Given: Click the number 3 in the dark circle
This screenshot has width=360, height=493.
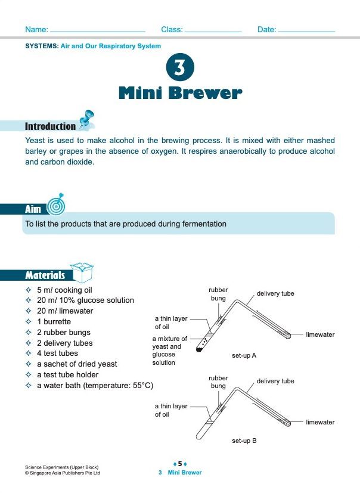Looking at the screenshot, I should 179,69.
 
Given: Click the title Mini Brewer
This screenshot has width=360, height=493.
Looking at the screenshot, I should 180,94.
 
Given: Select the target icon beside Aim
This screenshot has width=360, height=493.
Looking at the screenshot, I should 55,204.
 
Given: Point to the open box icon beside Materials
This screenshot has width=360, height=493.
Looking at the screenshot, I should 82,271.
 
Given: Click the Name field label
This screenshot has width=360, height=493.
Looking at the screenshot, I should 36,29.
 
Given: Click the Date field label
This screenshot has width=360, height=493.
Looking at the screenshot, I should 266,29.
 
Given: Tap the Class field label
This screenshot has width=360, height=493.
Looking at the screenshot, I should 172,29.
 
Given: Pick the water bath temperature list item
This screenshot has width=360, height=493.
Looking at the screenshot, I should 95,386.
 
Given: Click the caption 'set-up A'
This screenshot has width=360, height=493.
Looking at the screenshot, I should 244,356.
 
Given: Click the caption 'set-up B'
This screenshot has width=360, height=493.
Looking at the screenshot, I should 244,441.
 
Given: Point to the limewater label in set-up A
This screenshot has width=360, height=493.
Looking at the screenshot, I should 320,335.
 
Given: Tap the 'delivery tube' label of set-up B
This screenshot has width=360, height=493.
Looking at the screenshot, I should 275,381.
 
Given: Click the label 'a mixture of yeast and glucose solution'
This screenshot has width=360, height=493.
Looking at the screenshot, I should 169,351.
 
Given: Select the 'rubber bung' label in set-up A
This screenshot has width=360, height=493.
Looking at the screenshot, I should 218,294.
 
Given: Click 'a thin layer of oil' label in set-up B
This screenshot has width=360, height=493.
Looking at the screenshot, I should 171,410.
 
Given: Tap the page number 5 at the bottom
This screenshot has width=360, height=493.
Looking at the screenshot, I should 180,463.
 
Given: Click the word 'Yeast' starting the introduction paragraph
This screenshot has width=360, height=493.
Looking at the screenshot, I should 35,141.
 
